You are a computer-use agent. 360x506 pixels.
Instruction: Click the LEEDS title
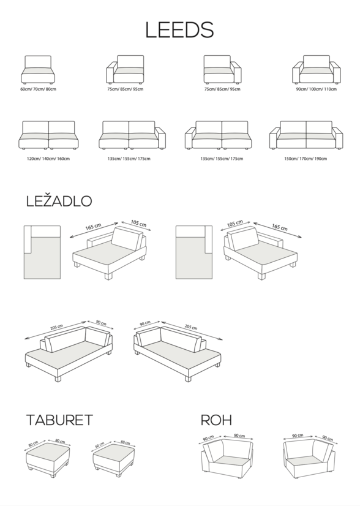[x=179, y=30]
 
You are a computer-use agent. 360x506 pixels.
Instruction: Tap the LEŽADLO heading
[x=59, y=201]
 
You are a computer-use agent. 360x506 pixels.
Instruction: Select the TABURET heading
[x=59, y=420]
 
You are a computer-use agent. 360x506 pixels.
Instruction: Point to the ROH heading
[x=216, y=420]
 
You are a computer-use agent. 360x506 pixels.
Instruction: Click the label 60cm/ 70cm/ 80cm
[x=38, y=89]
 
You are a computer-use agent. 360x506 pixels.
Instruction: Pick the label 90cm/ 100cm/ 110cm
[x=317, y=89]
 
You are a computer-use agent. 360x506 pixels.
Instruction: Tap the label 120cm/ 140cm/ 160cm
[x=48, y=159]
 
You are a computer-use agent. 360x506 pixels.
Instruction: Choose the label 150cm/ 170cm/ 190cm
[x=306, y=159]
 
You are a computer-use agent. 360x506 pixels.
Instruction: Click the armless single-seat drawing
[x=38, y=70]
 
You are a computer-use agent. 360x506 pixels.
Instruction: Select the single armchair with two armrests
[x=317, y=70]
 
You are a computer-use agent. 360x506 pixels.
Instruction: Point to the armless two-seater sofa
[x=48, y=135]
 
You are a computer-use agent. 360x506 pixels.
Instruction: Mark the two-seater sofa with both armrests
[x=306, y=135]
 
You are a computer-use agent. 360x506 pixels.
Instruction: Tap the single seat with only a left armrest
[x=125, y=70]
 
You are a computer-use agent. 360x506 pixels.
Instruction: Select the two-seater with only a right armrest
[x=132, y=135]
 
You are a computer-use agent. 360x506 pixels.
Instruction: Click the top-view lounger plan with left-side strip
[x=42, y=252]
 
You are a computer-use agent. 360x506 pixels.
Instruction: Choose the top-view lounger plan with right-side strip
[x=194, y=252]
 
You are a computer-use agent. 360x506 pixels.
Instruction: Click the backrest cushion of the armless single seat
[x=38, y=62]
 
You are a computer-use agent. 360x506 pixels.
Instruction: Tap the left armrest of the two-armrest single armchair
[x=296, y=74]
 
